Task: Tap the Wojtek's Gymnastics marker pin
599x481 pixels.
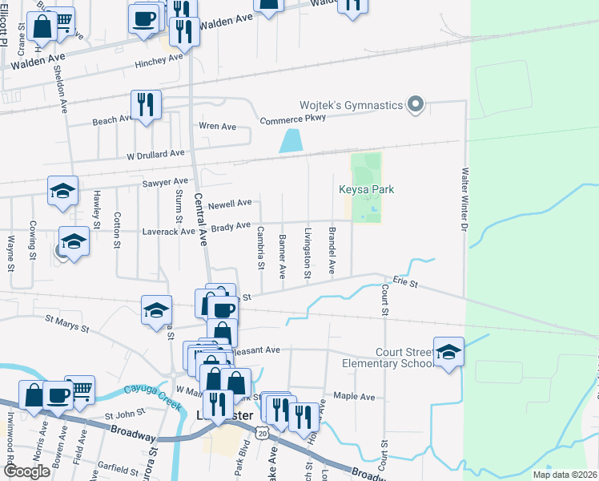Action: pos(415,105)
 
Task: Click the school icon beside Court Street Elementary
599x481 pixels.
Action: pos(449,351)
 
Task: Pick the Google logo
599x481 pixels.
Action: pos(26,471)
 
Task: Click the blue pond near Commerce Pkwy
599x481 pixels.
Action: pos(290,141)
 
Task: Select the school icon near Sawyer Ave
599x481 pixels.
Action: pos(62,192)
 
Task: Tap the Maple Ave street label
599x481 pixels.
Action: pos(354,397)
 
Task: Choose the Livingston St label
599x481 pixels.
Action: pos(308,253)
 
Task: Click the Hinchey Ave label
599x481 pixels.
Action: pos(159,60)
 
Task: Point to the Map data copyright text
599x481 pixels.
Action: pos(564,475)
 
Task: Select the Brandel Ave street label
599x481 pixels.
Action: pos(332,251)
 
